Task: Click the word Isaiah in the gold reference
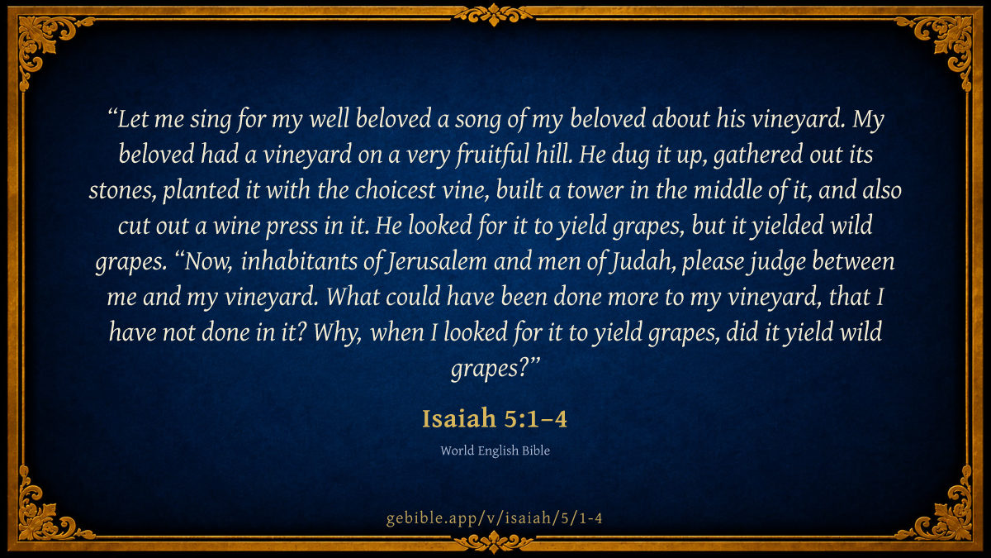(459, 418)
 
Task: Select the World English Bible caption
(495, 451)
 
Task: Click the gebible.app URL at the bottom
(494, 517)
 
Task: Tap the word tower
(595, 191)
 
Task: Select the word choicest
(395, 190)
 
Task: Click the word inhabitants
(299, 261)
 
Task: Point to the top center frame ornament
(494, 15)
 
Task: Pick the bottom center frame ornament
(494, 542)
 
